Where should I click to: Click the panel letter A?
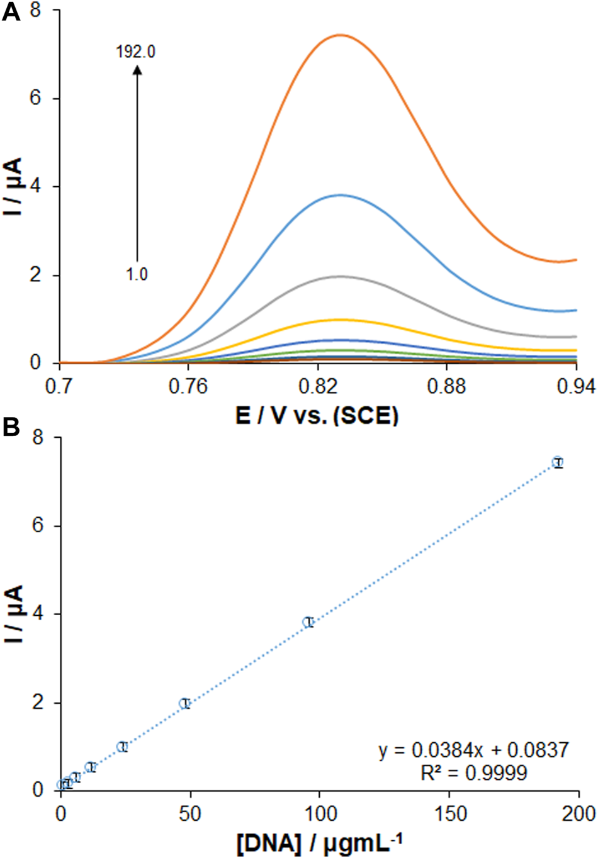pyautogui.click(x=11, y=12)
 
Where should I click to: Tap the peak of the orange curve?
pyautogui.click(x=341, y=35)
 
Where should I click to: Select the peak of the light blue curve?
pyautogui.click(x=341, y=195)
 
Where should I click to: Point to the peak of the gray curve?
pyautogui.click(x=341, y=276)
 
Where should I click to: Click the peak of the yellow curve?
pyautogui.click(x=341, y=320)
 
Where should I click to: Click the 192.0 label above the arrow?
pyautogui.click(x=135, y=52)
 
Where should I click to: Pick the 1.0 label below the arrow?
pyautogui.click(x=136, y=274)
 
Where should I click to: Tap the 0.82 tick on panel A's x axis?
pyautogui.click(x=319, y=386)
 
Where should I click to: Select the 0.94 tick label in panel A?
pyautogui.click(x=577, y=386)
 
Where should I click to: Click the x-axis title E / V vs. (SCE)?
pyautogui.click(x=317, y=415)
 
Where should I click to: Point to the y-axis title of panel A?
pyautogui.click(x=14, y=187)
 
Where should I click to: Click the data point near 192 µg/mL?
pyautogui.click(x=557, y=462)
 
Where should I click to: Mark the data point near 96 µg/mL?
pyautogui.click(x=308, y=622)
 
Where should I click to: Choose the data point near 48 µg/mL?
pyautogui.click(x=184, y=703)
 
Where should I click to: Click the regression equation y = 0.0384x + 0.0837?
pyautogui.click(x=473, y=750)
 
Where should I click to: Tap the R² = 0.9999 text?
pyautogui.click(x=473, y=772)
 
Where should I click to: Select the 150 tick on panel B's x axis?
pyautogui.click(x=449, y=813)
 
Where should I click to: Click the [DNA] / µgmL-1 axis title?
pyautogui.click(x=319, y=843)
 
